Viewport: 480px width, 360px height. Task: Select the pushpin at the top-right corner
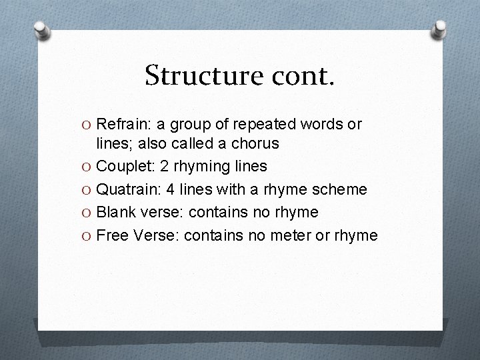pos(439,29)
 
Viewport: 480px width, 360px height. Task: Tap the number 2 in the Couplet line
pos(164,167)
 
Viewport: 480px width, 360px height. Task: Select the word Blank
pos(115,212)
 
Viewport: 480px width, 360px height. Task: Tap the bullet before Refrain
pos(87,125)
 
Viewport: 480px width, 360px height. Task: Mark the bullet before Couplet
pos(87,167)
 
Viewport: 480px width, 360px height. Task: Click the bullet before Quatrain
pos(87,189)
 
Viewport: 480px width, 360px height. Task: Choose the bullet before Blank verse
pos(87,212)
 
